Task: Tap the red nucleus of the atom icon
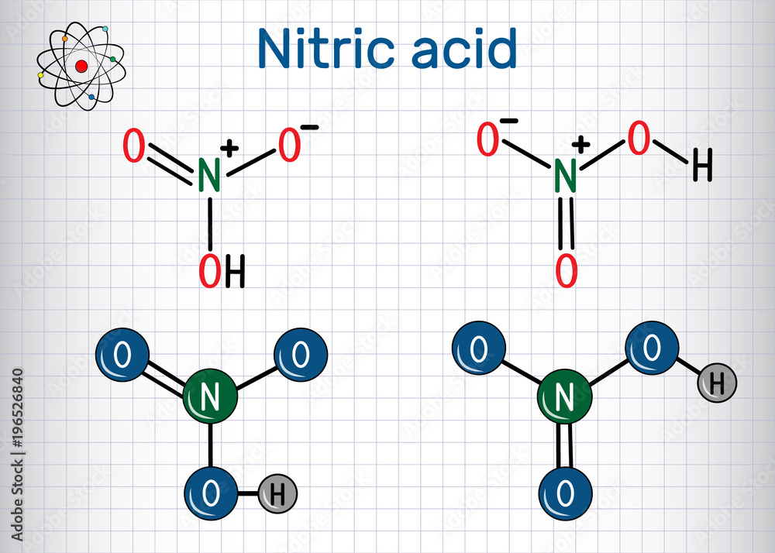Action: pos(81,67)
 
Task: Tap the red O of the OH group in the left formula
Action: pos(209,270)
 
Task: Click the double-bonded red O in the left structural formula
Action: pos(134,147)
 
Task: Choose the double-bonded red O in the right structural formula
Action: pos(567,270)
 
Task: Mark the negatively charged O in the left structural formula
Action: pos(289,146)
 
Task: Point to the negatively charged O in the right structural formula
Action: pos(488,140)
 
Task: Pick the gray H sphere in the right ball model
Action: pos(717,382)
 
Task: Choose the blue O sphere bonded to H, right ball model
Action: pos(652,349)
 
